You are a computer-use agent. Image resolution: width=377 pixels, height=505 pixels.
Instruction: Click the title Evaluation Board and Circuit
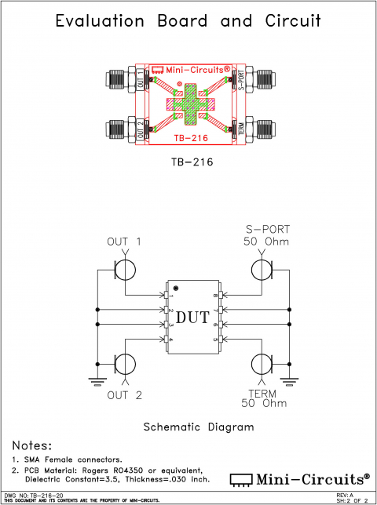pos(188,22)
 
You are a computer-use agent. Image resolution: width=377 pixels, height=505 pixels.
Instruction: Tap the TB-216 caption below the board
pos(188,163)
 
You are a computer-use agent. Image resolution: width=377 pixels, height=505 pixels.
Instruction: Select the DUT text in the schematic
pos(192,318)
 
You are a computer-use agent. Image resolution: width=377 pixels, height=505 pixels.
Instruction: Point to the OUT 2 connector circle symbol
pos(125,365)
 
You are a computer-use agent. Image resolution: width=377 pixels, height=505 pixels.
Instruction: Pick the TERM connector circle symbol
pos(262,365)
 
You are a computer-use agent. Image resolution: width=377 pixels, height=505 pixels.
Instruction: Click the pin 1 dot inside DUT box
pos(176,288)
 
